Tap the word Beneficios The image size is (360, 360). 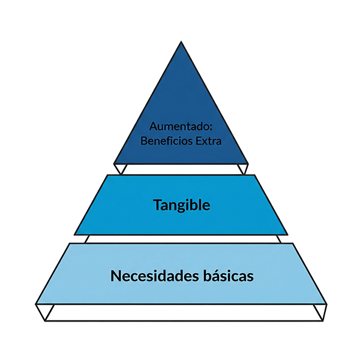pos(166,142)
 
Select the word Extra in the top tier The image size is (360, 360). pos(208,142)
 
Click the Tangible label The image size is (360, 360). pos(181,205)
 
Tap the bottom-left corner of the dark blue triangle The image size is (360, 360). pos(113,163)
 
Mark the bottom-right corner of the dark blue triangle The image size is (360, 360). pos(248,163)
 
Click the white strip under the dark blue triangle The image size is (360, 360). pos(180,169)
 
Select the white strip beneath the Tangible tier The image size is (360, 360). pos(180,239)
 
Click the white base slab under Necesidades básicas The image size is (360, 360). pos(180,313)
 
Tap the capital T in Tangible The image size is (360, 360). pos(157,205)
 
